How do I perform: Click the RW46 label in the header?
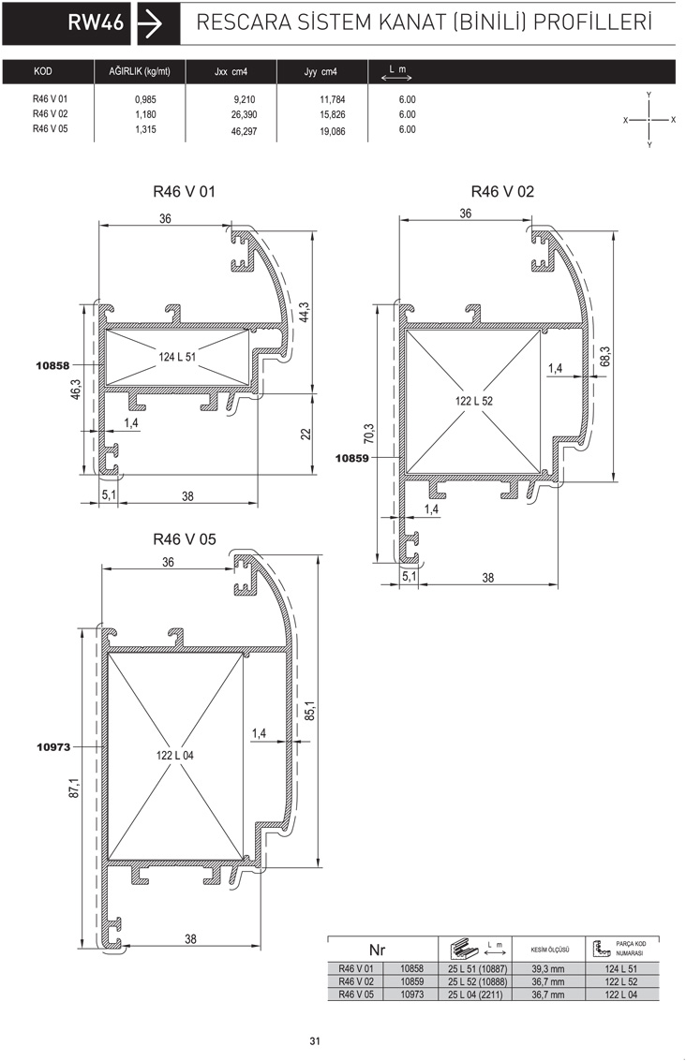[x=97, y=23]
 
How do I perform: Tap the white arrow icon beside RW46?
[x=150, y=23]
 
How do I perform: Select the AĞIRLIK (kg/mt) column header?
[x=140, y=72]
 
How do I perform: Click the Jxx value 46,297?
[x=244, y=131]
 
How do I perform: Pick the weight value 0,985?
[x=145, y=99]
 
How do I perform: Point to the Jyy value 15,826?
[x=333, y=115]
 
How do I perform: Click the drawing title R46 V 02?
[x=502, y=191]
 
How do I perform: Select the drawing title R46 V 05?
[x=185, y=539]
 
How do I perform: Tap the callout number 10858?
[x=52, y=365]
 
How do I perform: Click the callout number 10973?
[x=53, y=747]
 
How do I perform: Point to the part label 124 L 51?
[x=177, y=357]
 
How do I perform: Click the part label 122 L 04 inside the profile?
[x=174, y=755]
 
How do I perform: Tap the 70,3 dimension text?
[x=368, y=435]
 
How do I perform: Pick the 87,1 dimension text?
[x=74, y=788]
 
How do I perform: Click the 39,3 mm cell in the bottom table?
[x=548, y=969]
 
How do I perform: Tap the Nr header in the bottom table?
[x=377, y=950]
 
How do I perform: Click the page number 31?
[x=315, y=1040]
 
